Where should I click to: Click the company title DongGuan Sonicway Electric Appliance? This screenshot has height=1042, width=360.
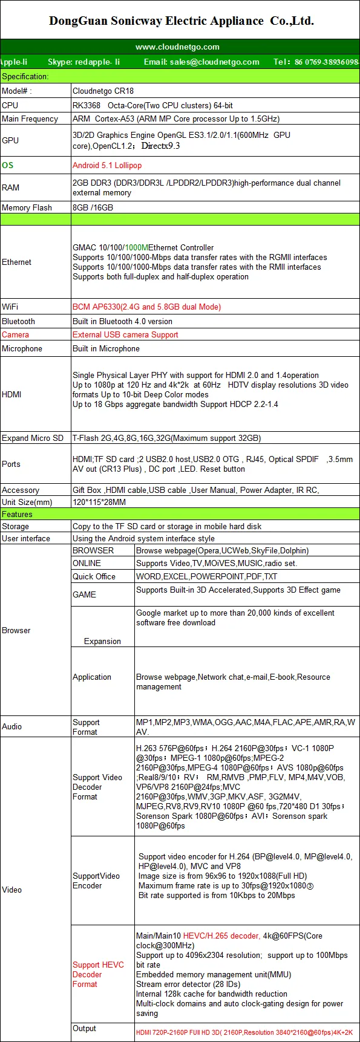tap(181, 21)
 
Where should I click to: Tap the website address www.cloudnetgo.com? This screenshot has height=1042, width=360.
tap(177, 47)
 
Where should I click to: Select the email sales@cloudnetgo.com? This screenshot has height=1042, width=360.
tap(201, 62)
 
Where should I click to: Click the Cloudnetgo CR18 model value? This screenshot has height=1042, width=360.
tap(103, 91)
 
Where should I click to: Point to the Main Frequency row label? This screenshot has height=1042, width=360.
tap(30, 119)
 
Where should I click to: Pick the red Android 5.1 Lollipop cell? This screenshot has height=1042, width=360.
tap(107, 165)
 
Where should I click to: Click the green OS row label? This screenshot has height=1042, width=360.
tap(7, 165)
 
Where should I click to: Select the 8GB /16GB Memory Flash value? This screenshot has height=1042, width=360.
tap(93, 207)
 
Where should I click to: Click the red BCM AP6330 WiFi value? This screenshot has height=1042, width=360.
tap(146, 307)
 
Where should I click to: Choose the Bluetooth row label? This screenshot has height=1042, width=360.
tap(18, 321)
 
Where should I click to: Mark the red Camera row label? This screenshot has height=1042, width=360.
tap(15, 334)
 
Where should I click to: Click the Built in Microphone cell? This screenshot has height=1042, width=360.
tap(106, 348)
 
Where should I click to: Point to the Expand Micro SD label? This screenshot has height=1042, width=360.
tap(32, 438)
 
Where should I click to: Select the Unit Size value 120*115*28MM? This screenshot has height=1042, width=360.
tap(99, 502)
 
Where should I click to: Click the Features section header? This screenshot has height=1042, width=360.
tap(17, 514)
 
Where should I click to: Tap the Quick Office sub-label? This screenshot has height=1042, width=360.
tap(94, 576)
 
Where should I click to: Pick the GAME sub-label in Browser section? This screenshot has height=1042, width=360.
tap(84, 594)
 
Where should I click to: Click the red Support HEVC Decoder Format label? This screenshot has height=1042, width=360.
tap(98, 974)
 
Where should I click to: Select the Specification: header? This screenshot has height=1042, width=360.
tap(25, 76)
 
